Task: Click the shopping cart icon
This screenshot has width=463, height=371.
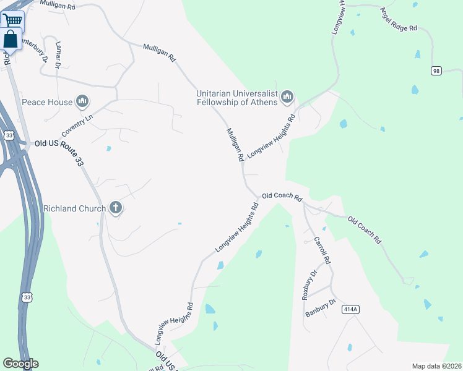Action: (12, 20)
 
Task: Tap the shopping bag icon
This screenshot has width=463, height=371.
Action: (11, 39)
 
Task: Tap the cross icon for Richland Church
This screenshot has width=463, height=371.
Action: (116, 208)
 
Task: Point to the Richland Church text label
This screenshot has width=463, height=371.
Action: (74, 208)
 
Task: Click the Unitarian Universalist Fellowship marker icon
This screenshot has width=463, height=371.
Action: (287, 97)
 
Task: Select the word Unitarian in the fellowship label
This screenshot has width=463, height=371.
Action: (218, 93)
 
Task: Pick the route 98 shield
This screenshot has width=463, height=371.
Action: (436, 71)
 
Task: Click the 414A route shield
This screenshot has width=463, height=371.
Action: (350, 309)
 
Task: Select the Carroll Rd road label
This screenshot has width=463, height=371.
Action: (323, 250)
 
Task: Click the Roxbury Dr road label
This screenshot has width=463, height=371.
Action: (309, 285)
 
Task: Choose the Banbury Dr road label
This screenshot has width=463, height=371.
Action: (320, 309)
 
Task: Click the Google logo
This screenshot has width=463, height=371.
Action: (20, 364)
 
